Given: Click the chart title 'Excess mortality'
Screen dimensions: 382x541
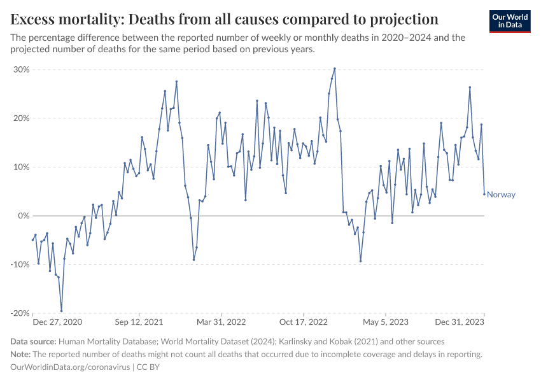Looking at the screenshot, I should [225, 18].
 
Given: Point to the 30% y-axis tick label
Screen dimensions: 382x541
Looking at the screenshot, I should [22, 69].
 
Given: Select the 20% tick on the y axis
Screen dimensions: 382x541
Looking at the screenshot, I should [22, 118].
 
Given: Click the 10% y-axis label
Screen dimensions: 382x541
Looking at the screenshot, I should [22, 167].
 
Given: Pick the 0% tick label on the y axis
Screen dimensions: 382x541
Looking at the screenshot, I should [24, 216].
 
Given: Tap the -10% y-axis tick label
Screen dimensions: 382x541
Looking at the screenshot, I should [20, 264].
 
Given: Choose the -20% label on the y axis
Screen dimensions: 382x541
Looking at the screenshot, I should [20, 313].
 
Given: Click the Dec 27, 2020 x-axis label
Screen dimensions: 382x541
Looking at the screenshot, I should [57, 322].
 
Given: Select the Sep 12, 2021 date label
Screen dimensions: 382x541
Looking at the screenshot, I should [141, 322].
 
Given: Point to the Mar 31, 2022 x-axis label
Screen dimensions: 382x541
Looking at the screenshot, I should [221, 322].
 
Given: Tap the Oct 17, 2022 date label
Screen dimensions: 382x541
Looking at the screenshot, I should [304, 322].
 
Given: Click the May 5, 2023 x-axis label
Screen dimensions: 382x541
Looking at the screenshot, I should [385, 322].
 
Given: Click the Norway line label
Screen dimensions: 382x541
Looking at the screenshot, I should [501, 195].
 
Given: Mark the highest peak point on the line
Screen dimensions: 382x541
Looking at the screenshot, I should [335, 69].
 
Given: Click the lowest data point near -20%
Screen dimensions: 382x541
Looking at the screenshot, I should [61, 311].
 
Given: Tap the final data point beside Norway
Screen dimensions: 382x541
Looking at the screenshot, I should [484, 194].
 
